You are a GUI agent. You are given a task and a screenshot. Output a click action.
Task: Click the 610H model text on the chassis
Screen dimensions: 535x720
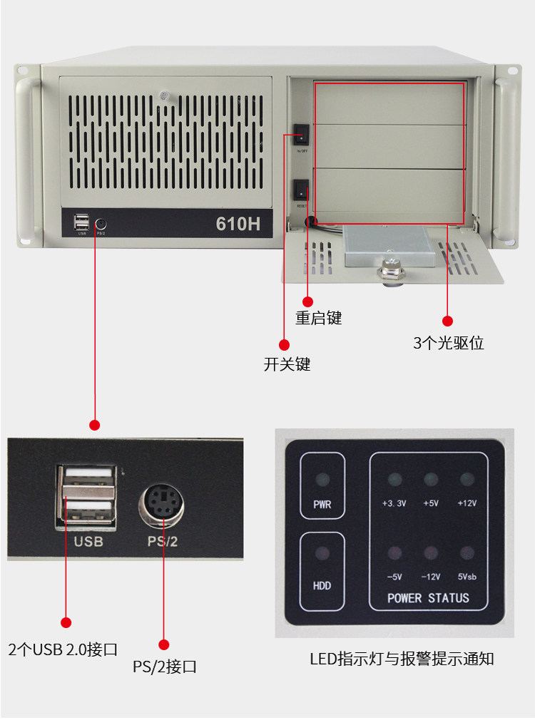[238, 224]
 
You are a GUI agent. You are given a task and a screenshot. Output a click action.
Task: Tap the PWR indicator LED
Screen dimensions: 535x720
[322, 479]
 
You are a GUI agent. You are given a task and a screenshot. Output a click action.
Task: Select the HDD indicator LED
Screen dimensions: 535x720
[322, 554]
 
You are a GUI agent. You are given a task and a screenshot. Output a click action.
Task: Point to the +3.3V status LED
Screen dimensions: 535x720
[394, 479]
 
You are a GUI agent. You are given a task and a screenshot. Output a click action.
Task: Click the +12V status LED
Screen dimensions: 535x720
[467, 479]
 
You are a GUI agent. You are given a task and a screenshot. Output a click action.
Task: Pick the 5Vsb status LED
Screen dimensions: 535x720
[467, 553]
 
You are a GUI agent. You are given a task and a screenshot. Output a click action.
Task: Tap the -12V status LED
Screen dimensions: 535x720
[430, 553]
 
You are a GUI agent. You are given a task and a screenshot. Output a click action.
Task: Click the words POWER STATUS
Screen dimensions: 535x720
[428, 598]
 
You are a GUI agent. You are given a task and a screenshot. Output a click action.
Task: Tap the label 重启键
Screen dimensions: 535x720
[319, 318]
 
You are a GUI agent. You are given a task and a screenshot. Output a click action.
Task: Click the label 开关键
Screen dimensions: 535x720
[287, 364]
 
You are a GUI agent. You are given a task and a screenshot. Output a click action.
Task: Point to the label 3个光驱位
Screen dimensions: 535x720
[448, 343]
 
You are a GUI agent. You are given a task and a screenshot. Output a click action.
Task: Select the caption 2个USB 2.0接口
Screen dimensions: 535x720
[63, 649]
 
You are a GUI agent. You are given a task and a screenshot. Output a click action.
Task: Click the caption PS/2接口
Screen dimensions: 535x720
[165, 667]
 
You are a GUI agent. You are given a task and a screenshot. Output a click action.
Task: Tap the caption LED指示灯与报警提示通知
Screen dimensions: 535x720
[402, 659]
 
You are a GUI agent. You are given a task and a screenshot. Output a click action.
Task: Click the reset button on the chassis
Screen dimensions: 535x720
[302, 190]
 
